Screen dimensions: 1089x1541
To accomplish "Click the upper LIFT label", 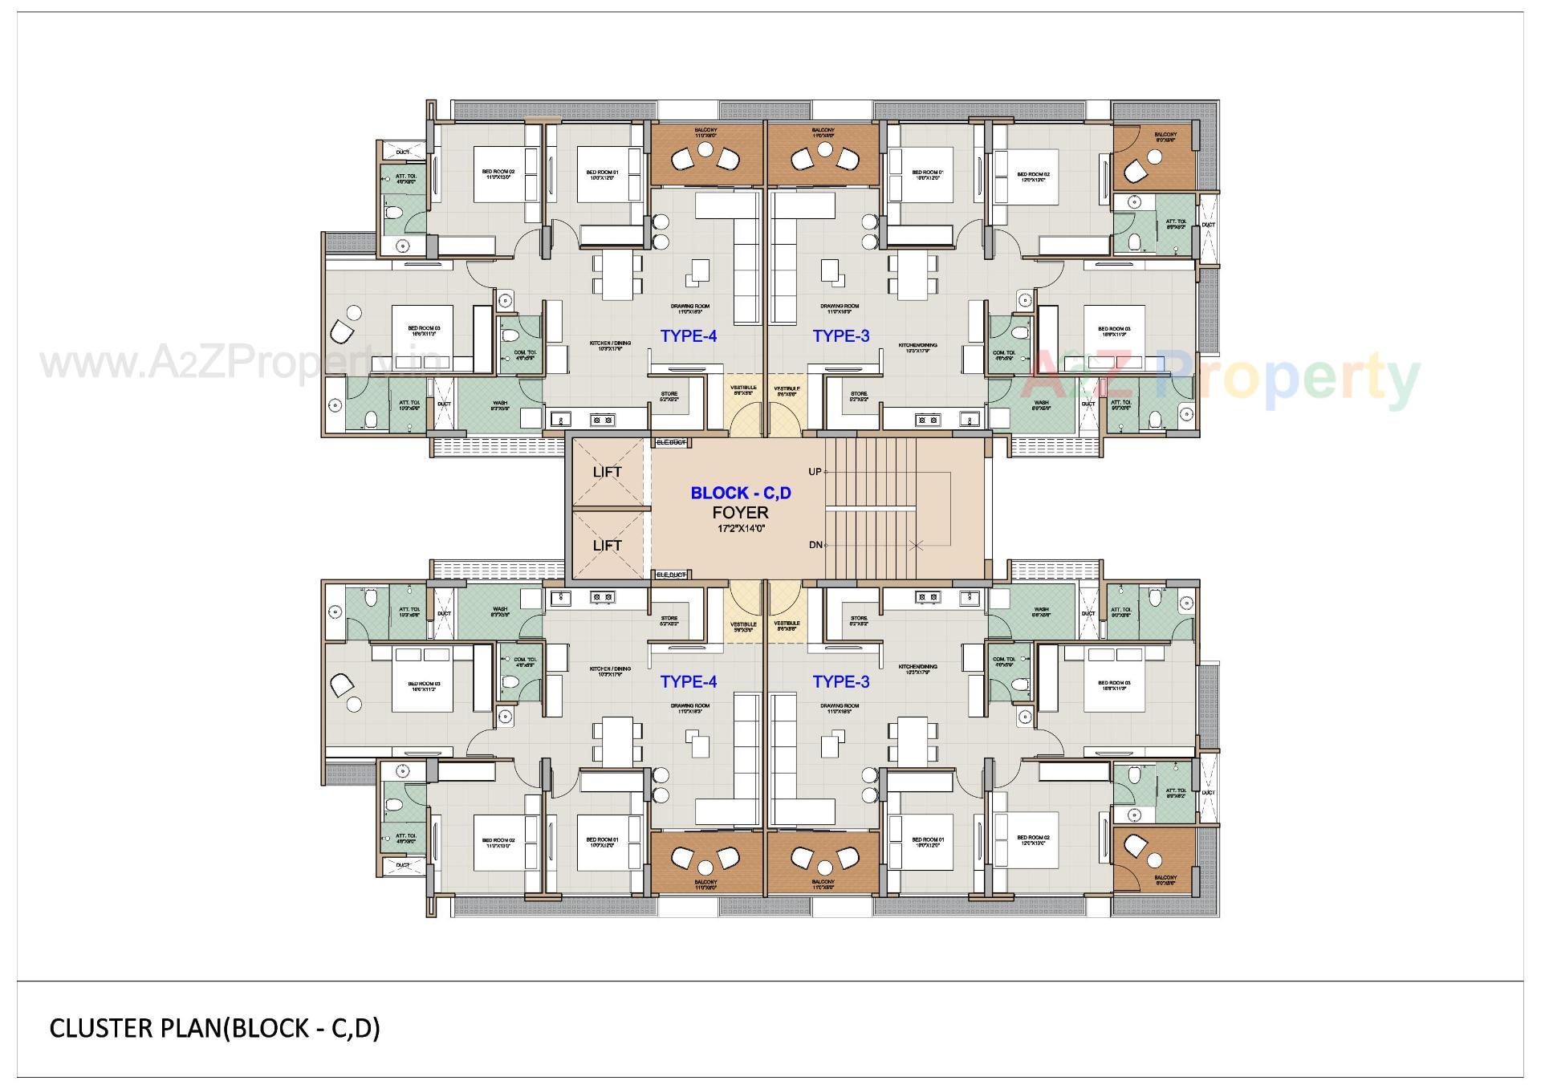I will tap(607, 472).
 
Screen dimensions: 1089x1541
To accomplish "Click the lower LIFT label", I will tap(607, 546).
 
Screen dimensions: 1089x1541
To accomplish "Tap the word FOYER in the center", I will tap(740, 512).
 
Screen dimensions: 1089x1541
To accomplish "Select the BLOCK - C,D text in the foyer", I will tap(740, 493).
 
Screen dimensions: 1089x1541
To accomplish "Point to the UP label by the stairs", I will tap(815, 472).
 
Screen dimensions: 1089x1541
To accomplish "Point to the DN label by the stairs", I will tap(815, 545).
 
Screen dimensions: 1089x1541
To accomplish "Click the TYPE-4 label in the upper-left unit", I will tap(688, 336).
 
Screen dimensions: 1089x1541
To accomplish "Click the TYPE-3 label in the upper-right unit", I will tap(840, 336).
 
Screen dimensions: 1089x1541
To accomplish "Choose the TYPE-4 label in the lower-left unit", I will tap(688, 682).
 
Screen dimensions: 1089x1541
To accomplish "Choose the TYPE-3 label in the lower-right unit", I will tap(840, 682).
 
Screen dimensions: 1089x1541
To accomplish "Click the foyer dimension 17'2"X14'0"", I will tap(740, 529).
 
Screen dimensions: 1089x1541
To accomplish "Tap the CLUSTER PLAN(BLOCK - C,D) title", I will tap(214, 1029).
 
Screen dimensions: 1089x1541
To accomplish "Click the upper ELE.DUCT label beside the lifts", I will tap(671, 442).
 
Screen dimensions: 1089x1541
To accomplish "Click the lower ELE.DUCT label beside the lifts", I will tap(671, 575).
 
